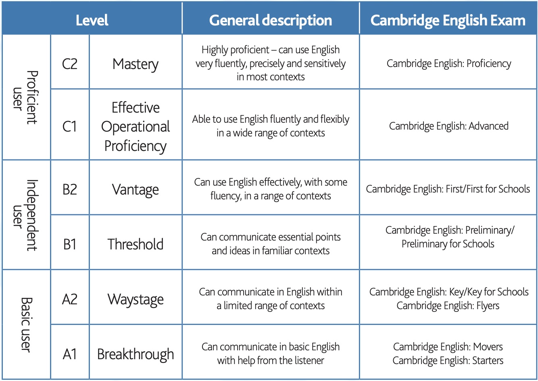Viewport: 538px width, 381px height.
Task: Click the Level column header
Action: coord(92,20)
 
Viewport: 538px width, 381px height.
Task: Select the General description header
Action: coord(271,21)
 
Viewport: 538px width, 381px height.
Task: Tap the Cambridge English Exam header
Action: coord(448,21)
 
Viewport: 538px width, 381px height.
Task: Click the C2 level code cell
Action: coord(70,64)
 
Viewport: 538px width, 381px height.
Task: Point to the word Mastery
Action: coord(136,65)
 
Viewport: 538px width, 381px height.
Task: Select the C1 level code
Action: coord(69,126)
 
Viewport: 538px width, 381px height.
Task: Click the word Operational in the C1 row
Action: coord(136,127)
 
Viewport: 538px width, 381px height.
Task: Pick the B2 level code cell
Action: coord(70,189)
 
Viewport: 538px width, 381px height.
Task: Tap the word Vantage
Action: coord(136,190)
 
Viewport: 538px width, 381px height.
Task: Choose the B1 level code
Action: coord(70,244)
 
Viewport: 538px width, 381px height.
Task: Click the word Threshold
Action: coord(136,244)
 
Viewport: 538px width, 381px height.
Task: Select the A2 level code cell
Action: coord(70,299)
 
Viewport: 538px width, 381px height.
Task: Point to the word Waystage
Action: coord(136,300)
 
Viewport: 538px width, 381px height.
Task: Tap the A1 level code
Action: coord(70,354)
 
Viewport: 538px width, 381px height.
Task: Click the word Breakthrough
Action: coord(136,355)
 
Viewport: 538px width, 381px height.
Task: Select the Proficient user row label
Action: coord(25,98)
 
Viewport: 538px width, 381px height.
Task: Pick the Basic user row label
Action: coord(26,325)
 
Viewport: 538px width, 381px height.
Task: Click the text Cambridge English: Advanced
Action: coord(448,126)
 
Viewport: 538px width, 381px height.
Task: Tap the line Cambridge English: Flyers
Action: coord(448,306)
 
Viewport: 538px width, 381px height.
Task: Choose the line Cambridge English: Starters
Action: coord(448,361)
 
